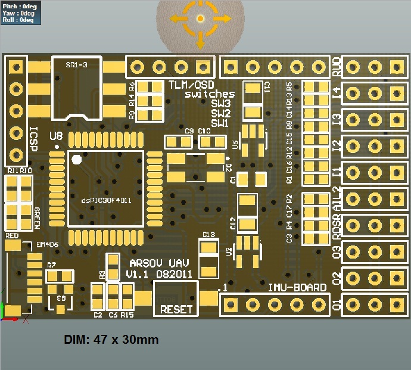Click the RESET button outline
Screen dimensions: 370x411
click(176, 300)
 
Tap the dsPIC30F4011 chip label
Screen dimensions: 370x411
click(106, 201)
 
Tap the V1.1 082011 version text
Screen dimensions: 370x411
click(158, 274)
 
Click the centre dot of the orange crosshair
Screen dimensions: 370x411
click(200, 19)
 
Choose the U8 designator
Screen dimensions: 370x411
click(56, 136)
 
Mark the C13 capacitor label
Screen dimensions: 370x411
click(208, 235)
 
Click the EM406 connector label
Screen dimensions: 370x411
click(47, 245)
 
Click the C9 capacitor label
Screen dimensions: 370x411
click(189, 131)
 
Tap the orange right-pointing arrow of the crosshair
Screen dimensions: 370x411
click(224, 19)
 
